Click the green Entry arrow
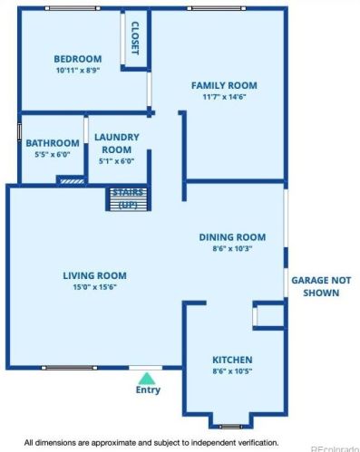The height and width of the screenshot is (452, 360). [147, 379]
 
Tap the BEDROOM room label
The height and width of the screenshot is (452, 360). [78, 59]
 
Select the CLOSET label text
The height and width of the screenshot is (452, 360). [135, 38]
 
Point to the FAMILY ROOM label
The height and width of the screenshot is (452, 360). [224, 85]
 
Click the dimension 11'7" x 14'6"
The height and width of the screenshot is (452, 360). [224, 97]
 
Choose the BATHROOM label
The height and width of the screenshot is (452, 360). [53, 143]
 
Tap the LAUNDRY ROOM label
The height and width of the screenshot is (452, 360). [117, 143]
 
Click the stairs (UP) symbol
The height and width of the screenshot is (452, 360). [128, 199]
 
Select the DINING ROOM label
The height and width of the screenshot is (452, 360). [232, 237]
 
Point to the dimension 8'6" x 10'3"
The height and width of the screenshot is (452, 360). [232, 249]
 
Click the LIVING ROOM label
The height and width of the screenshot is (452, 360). [94, 275]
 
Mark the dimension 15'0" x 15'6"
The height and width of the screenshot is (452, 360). [94, 287]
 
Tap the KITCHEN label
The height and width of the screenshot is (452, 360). [232, 360]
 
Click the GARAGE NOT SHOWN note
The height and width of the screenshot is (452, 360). [321, 286]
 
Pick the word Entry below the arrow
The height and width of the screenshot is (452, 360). [148, 389]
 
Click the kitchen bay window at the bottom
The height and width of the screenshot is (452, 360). [230, 427]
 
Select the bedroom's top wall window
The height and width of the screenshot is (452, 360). [73, 8]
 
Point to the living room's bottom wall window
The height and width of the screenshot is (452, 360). [70, 368]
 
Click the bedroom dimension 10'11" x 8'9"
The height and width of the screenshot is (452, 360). [78, 71]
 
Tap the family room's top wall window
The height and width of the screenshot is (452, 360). [217, 8]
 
